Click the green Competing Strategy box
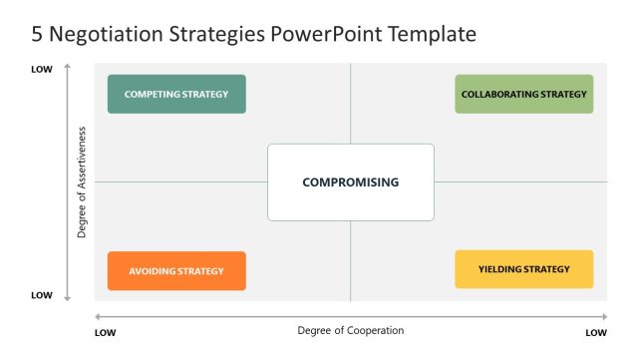point(176,94)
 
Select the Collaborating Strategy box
point(523,94)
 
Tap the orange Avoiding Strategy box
point(176,270)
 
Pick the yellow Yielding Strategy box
point(523,269)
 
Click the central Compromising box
point(350,181)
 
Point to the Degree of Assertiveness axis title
point(82,181)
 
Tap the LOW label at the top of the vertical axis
point(41,69)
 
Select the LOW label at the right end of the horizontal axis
point(596,332)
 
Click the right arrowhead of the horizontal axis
point(604,317)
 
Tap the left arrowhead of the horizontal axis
point(97,317)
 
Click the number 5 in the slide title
point(39,35)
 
